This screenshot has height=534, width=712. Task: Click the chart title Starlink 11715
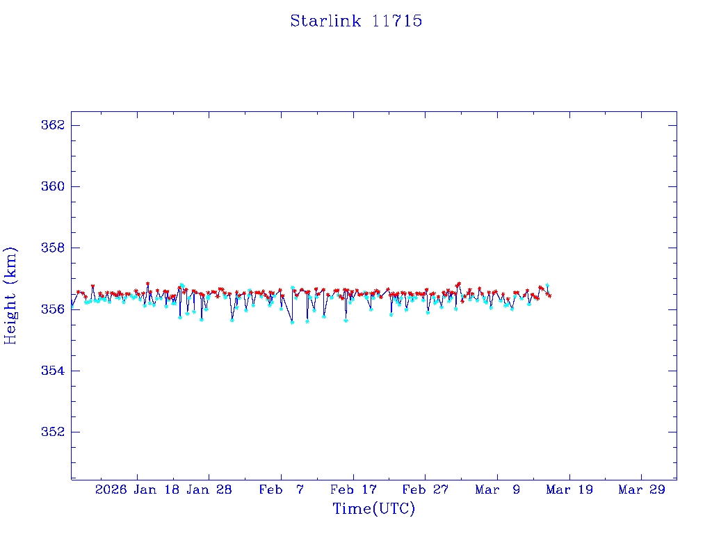coord(356,21)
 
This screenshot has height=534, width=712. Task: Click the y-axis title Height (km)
coord(10,295)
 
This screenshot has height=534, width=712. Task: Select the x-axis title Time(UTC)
coord(373,509)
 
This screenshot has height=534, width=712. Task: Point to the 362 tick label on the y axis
coord(54,125)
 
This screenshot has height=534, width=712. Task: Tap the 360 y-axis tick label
coord(54,186)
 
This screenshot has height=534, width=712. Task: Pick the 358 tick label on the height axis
coord(54,248)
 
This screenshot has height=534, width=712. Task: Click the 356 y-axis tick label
coord(54,309)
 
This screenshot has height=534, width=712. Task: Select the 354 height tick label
coord(54,371)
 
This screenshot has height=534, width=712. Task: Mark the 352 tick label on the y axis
coord(54,432)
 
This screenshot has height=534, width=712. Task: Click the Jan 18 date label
coord(158,490)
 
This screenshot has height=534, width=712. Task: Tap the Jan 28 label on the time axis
coord(209,490)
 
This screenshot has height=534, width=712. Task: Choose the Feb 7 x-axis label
coord(281,490)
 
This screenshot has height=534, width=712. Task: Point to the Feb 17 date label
coord(353,490)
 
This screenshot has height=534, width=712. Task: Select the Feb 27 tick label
coord(426,490)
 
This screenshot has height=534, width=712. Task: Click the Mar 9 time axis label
coord(498,490)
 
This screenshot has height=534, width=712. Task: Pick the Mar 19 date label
coord(569,490)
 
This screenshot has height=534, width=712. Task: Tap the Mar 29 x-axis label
coord(642,490)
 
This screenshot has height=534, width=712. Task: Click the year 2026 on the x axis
coord(111,490)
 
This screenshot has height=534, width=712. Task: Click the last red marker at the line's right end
coord(550,296)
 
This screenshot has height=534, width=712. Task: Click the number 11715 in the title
coord(398,21)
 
